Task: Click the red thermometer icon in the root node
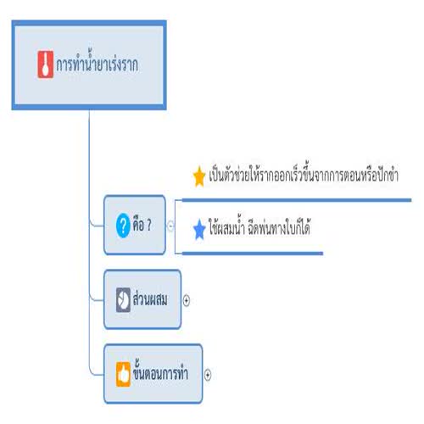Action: pos(46,64)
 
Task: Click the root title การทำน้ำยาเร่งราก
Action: pos(98,64)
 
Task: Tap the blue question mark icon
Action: pos(123,226)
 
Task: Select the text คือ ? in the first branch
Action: pos(142,225)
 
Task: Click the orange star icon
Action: pos(199,176)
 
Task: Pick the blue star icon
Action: pos(199,229)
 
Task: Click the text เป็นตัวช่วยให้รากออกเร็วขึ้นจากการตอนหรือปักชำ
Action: pos(304,175)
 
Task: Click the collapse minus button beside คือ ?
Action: pos(170,226)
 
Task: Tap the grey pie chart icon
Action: pos(123,300)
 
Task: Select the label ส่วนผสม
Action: pos(150,298)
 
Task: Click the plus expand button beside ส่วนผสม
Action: pos(187,300)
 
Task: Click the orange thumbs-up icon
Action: pos(123,374)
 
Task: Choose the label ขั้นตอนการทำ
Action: pos(160,371)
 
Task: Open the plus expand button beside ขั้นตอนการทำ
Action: pos(208,375)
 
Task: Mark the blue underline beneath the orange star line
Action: pos(297,200)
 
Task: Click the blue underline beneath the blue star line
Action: pos(253,254)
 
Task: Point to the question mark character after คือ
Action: pos(149,226)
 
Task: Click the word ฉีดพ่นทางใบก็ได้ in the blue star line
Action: pos(279,227)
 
